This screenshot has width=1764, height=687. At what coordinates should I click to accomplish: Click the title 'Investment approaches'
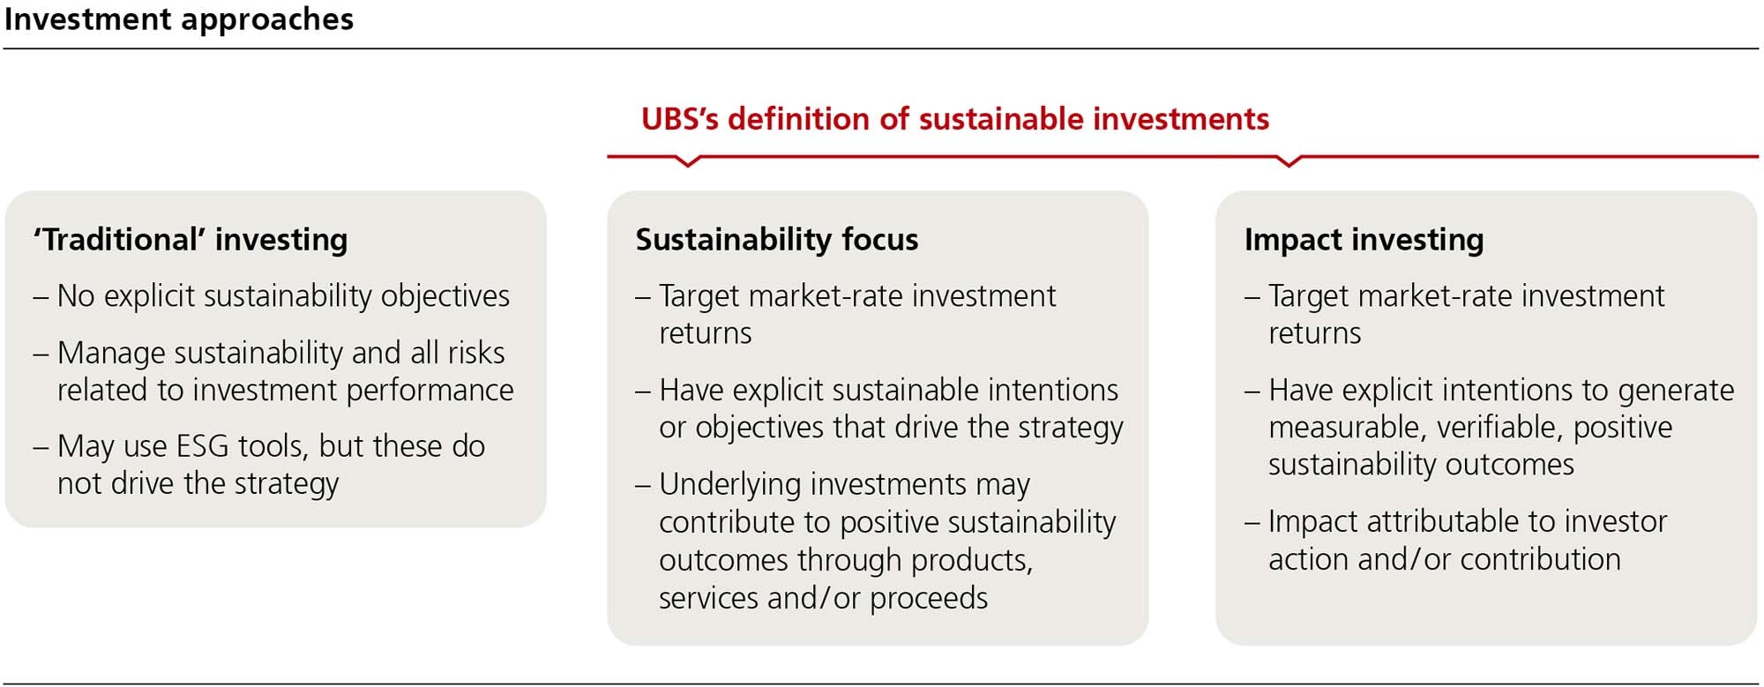point(179,19)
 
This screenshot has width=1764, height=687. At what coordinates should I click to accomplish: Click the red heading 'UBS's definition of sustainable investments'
point(955,118)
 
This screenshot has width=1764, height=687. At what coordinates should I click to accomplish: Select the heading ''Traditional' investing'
point(191,240)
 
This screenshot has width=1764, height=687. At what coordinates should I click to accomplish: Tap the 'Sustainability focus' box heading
point(777,239)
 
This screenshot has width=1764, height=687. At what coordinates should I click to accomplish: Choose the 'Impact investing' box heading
point(1364,240)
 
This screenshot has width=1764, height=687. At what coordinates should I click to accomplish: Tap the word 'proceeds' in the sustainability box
point(929,599)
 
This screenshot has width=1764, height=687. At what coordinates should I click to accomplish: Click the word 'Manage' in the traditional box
point(111,354)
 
